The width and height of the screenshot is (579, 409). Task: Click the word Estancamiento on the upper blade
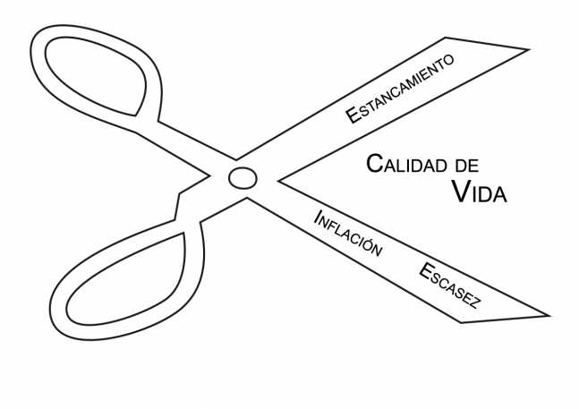click(400, 87)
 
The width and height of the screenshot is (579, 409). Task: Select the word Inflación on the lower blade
click(348, 232)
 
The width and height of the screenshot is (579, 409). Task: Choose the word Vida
click(479, 191)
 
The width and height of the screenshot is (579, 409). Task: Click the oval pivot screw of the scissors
click(242, 177)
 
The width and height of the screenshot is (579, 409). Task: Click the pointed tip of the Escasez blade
click(548, 315)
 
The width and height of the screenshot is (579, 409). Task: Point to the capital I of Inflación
click(317, 213)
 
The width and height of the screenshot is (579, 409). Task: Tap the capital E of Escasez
click(422, 269)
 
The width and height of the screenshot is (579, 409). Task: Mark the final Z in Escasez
click(476, 303)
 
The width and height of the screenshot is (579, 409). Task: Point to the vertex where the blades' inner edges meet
click(278, 180)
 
